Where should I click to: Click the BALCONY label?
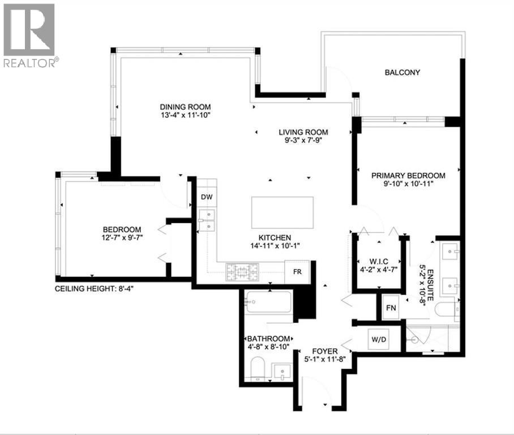402,72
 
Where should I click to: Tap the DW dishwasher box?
207,197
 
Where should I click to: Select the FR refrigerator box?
297,271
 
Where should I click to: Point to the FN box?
391,308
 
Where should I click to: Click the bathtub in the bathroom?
268,302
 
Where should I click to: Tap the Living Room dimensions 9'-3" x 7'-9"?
303,141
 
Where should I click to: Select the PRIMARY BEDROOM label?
408,176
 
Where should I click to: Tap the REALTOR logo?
29,35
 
